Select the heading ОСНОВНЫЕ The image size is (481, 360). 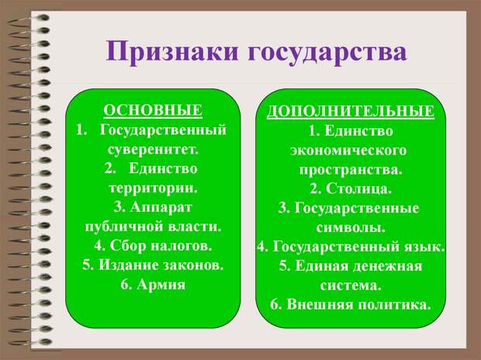153,109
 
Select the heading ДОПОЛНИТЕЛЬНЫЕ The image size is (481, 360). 351,112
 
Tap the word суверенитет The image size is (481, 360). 153,148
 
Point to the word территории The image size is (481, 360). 153,187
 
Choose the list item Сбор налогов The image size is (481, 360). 153,245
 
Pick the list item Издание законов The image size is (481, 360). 153,265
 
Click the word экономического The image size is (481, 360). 351,149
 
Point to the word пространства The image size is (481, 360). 351,168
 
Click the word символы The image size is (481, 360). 351,227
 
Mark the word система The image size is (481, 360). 351,285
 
